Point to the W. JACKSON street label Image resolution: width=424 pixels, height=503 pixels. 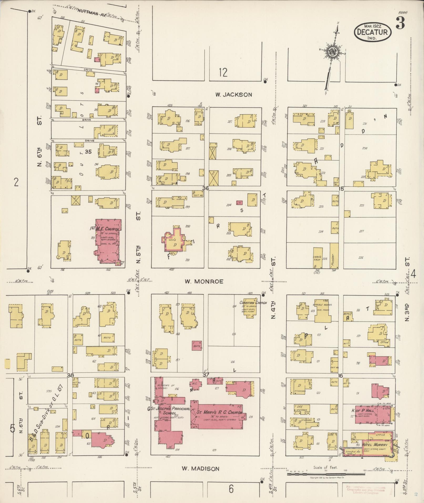pyautogui.click(x=233, y=95)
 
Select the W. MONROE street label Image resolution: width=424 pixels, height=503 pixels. pyautogui.click(x=204, y=281)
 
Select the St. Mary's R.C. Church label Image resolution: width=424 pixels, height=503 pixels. pyautogui.click(x=219, y=412)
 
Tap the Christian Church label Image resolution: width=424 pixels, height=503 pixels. pyautogui.click(x=253, y=303)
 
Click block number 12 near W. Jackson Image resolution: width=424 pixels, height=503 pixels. pyautogui.click(x=223, y=72)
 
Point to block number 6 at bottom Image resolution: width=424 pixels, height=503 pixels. pyautogui.click(x=231, y=489)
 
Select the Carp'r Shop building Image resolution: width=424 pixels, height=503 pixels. pyautogui.click(x=318, y=258)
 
